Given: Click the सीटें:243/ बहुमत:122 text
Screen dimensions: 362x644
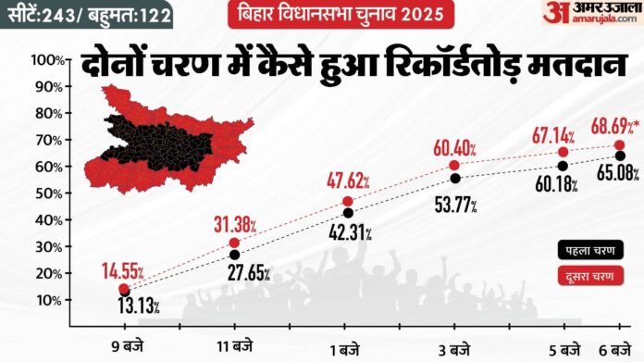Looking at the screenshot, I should pyautogui.click(x=82, y=15).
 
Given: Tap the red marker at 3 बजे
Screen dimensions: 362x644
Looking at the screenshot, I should pyautogui.click(x=454, y=165).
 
